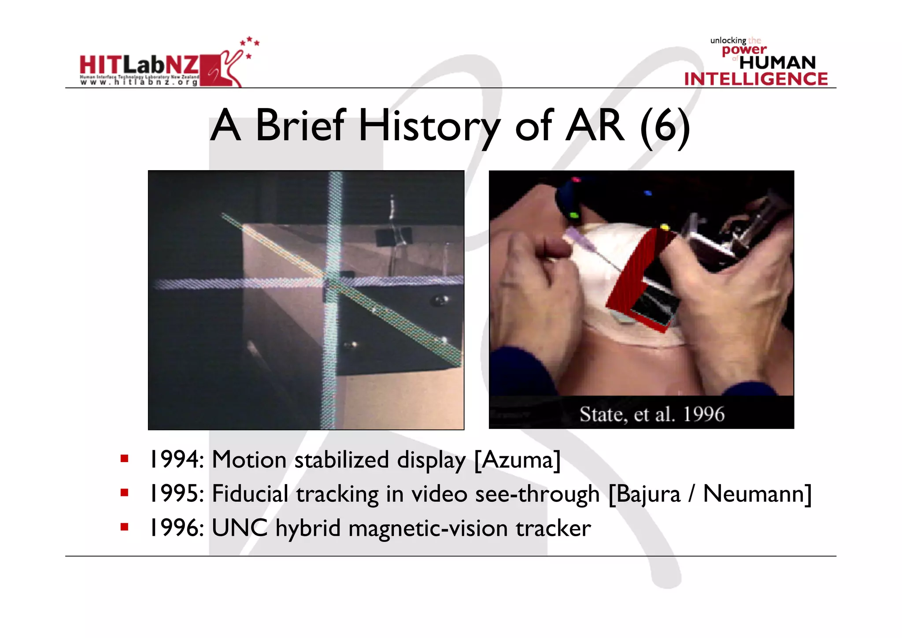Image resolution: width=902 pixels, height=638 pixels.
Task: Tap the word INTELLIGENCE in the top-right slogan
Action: point(756,79)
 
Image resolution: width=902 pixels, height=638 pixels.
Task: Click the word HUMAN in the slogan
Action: point(777,63)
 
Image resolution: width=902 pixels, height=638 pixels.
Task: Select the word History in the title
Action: point(429,126)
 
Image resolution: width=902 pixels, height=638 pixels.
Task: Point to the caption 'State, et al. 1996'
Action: point(651,414)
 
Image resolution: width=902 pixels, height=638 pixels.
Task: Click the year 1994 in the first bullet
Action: point(174,459)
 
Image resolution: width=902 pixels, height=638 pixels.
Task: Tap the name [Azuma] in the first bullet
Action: point(518,459)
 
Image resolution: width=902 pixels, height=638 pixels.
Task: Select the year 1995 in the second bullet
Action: point(174,493)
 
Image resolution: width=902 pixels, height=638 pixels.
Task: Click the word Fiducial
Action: point(250,493)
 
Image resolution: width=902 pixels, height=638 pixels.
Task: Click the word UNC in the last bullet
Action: point(240,528)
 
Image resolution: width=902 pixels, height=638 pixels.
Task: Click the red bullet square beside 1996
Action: point(124,527)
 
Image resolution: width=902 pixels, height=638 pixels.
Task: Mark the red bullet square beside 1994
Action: point(124,459)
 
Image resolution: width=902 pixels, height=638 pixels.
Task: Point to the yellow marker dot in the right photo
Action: point(665,228)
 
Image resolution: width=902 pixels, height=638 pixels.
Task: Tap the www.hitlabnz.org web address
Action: point(139,82)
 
